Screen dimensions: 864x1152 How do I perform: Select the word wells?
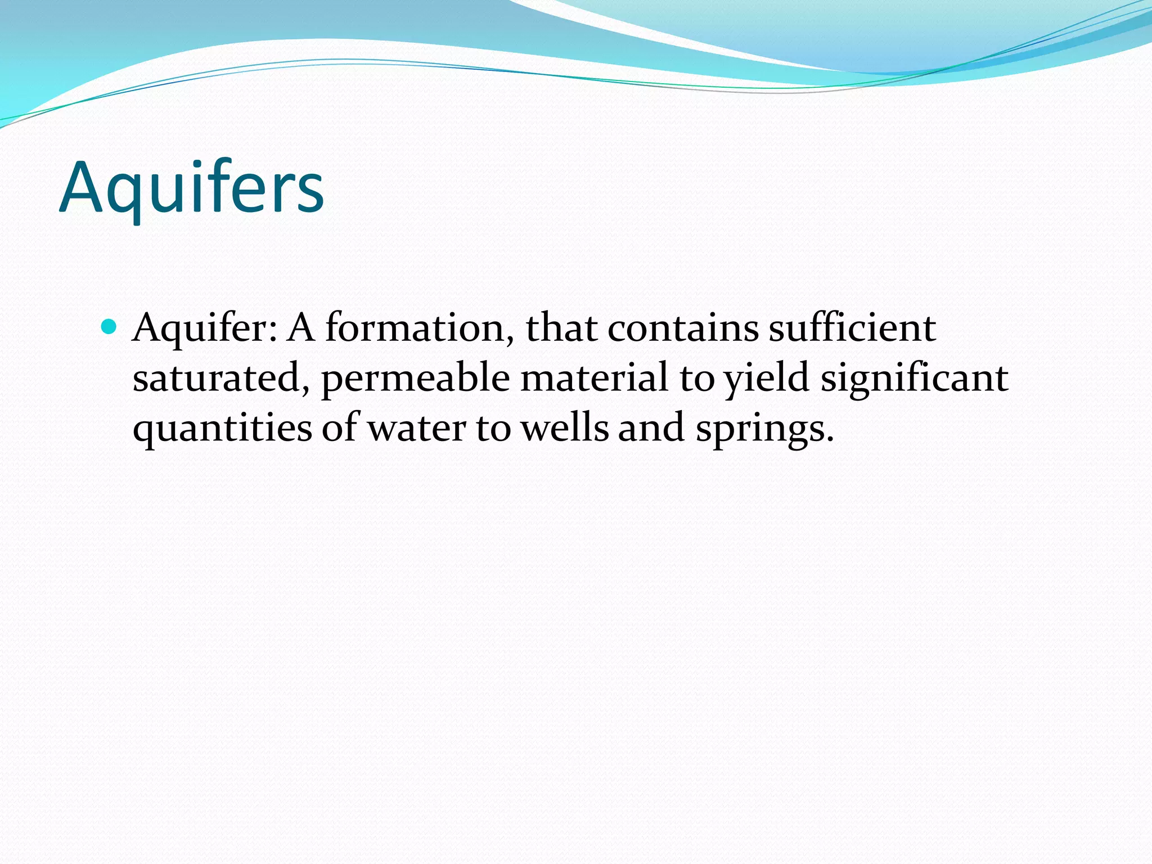tap(565, 428)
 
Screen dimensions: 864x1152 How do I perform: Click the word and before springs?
tap(651, 428)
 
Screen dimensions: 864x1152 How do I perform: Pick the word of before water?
tap(341, 428)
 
